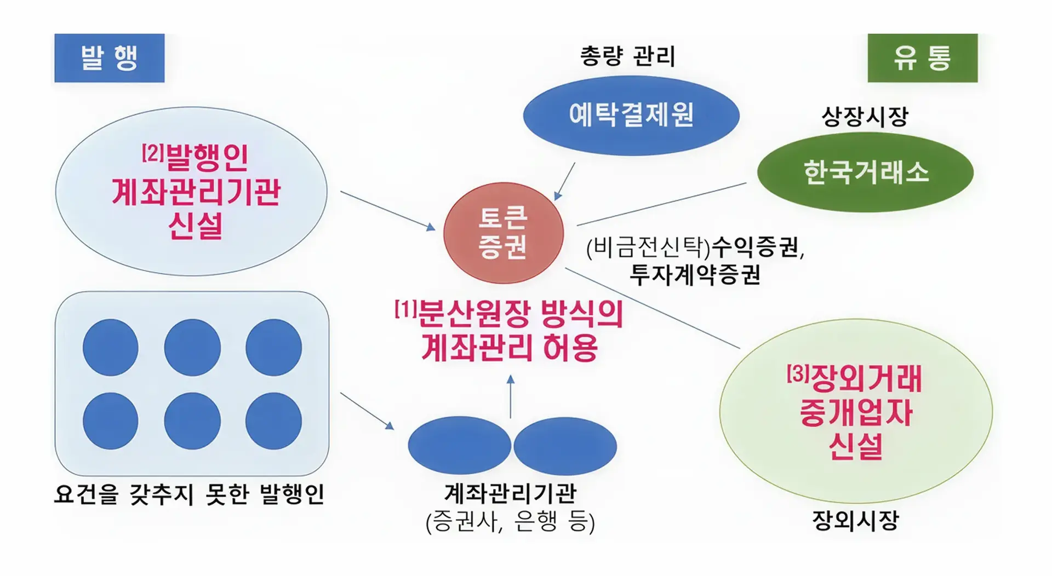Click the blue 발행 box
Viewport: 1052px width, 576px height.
click(x=109, y=58)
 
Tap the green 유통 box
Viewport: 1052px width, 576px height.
click(x=922, y=58)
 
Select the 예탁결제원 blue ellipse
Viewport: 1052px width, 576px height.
click(x=631, y=116)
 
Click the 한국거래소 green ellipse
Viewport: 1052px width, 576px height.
click(x=865, y=172)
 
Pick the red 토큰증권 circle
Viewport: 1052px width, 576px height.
click(x=503, y=233)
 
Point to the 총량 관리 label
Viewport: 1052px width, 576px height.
click(x=628, y=56)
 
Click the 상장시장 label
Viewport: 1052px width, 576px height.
click(x=865, y=116)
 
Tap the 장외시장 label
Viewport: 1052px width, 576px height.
click(x=855, y=520)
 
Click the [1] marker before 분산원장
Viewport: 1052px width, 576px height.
click(x=405, y=310)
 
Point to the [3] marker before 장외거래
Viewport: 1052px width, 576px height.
click(x=798, y=374)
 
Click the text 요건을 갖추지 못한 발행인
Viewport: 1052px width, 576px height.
click(x=189, y=494)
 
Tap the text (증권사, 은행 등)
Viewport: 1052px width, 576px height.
click(x=510, y=522)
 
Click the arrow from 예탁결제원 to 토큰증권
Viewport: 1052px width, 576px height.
click(x=564, y=181)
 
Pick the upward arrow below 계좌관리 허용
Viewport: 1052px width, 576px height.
click(x=511, y=397)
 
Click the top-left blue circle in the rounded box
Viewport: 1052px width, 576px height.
click(x=110, y=348)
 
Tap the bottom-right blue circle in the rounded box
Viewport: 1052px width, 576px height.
click(x=273, y=421)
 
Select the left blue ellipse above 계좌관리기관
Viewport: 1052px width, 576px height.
click(x=459, y=446)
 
